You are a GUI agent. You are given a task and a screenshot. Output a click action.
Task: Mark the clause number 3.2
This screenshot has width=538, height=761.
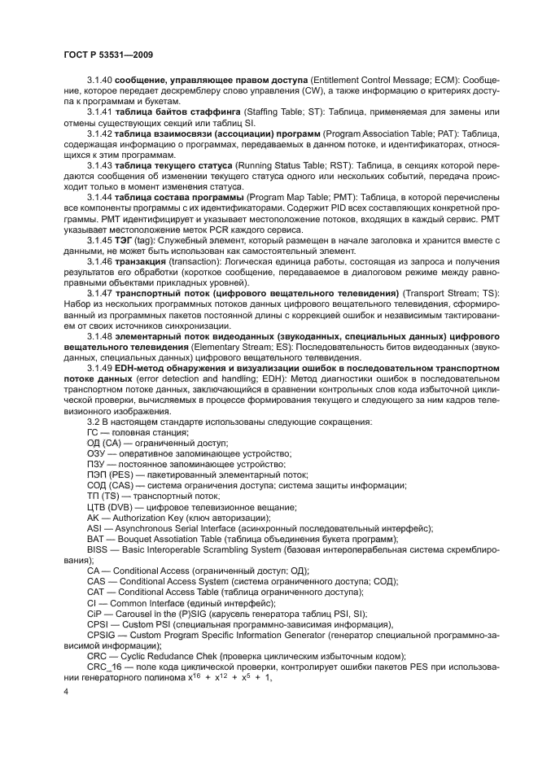(x=94, y=422)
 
